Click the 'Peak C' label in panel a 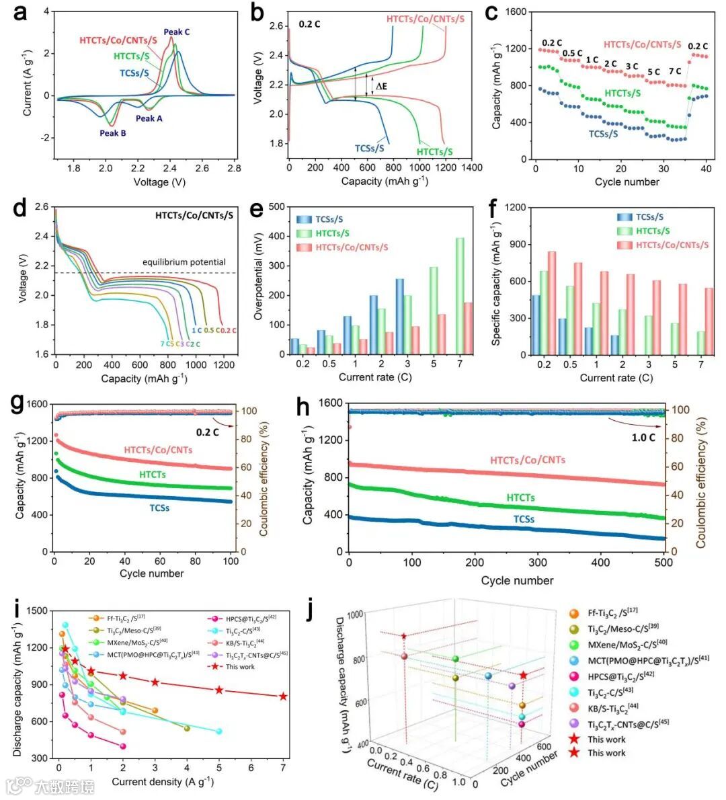tap(177, 32)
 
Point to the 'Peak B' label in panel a tap(113, 133)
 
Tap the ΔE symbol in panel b tap(382, 86)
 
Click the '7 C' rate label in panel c tap(674, 71)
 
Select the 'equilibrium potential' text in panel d tap(184, 262)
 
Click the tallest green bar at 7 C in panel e tap(460, 296)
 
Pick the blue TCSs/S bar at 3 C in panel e tap(400, 316)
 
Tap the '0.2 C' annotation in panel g tap(207, 432)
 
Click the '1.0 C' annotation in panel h tap(643, 438)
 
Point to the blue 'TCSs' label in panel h tap(524, 520)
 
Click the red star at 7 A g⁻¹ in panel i tap(283, 696)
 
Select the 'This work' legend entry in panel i tap(240, 667)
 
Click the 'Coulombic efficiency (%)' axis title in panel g tap(264, 479)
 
